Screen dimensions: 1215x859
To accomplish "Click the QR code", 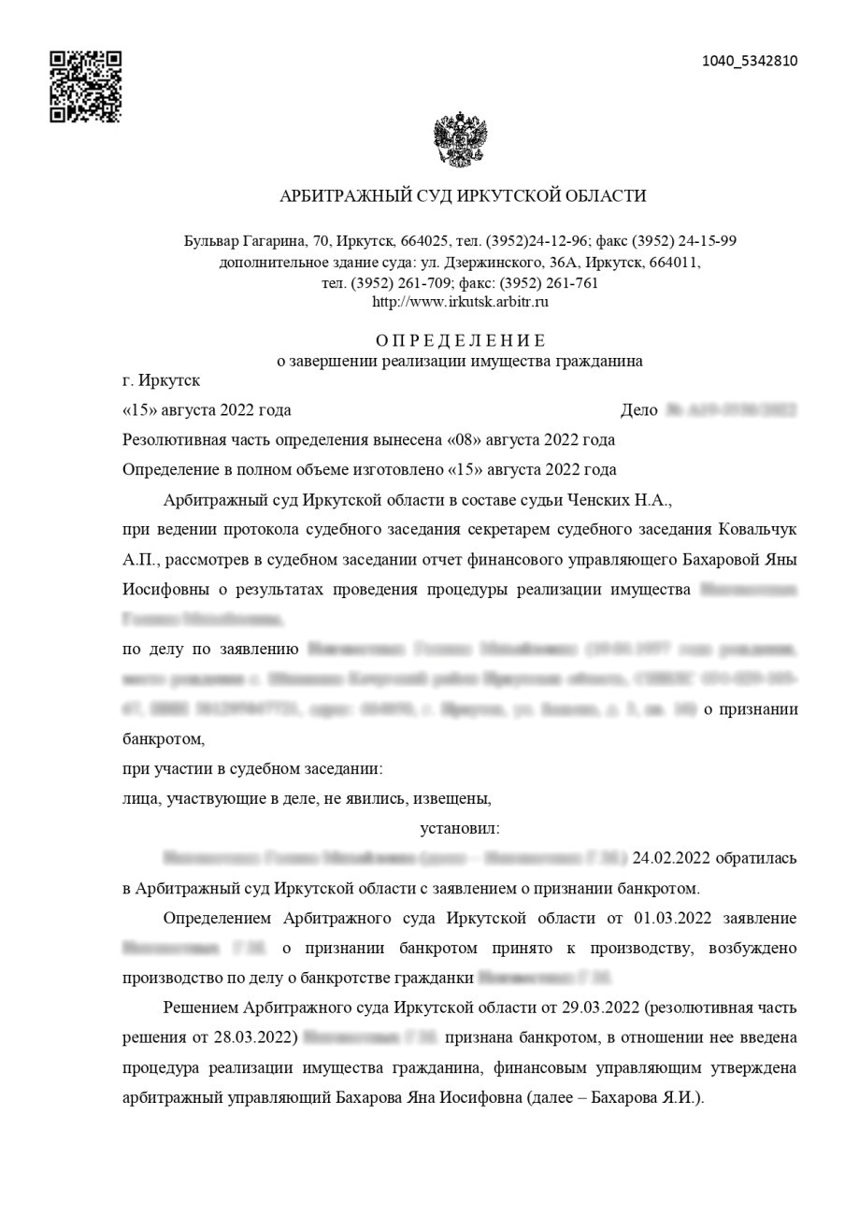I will pos(85,87).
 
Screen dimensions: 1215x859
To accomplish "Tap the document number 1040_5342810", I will pos(750,62).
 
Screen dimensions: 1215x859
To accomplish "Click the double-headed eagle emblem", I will pos(461,140).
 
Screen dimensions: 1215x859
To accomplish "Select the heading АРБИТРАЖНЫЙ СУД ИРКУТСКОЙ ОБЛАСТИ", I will pos(463,196).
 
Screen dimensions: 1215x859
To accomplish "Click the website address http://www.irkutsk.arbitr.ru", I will pos(460,302).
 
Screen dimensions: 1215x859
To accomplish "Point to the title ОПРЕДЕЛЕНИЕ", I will pos(461,340).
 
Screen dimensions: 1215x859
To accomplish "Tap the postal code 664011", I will pos(673,263).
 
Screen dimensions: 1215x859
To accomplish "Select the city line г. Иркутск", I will pos(161,381).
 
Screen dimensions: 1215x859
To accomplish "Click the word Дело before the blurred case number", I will pos(638,410).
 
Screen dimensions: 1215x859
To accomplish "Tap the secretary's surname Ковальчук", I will pos(757,530).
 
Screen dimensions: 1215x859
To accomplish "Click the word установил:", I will pos(460,828).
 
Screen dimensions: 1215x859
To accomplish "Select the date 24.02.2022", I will pos(671,858).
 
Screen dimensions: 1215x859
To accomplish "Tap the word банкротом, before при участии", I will pos(164,739).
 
